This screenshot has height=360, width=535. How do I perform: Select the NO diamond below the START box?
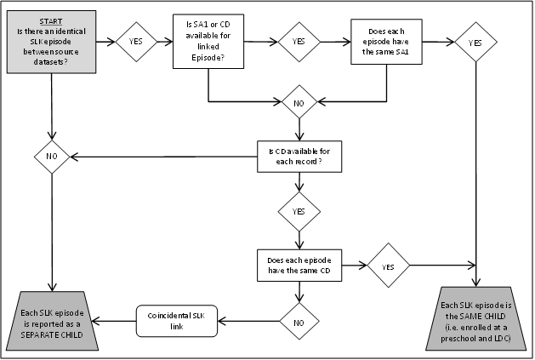52,157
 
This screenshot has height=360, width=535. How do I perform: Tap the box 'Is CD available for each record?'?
299,157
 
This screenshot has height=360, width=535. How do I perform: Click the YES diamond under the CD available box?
299,210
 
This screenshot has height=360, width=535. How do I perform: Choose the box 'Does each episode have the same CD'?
299,264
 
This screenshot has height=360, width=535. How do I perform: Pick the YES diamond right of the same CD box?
387,266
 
